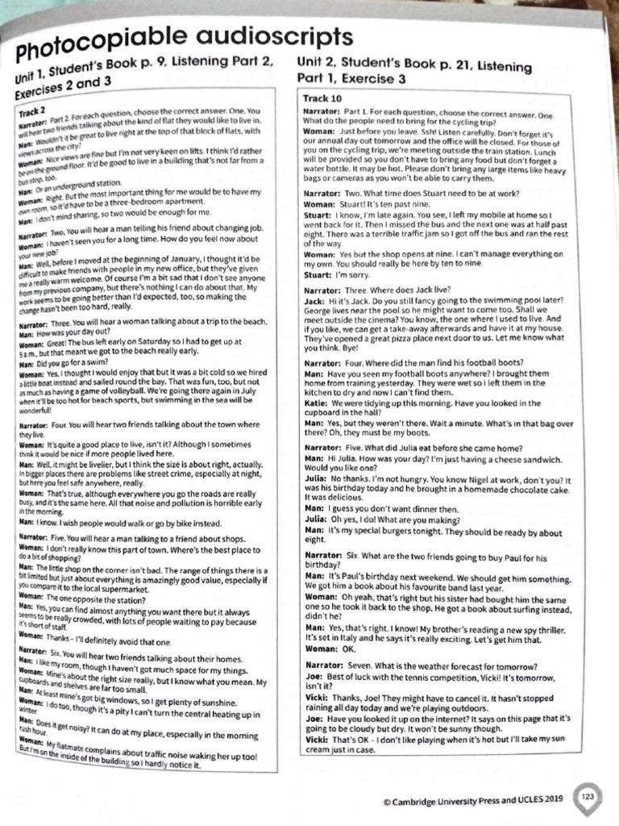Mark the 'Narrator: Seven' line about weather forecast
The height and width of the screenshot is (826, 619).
[419, 665]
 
